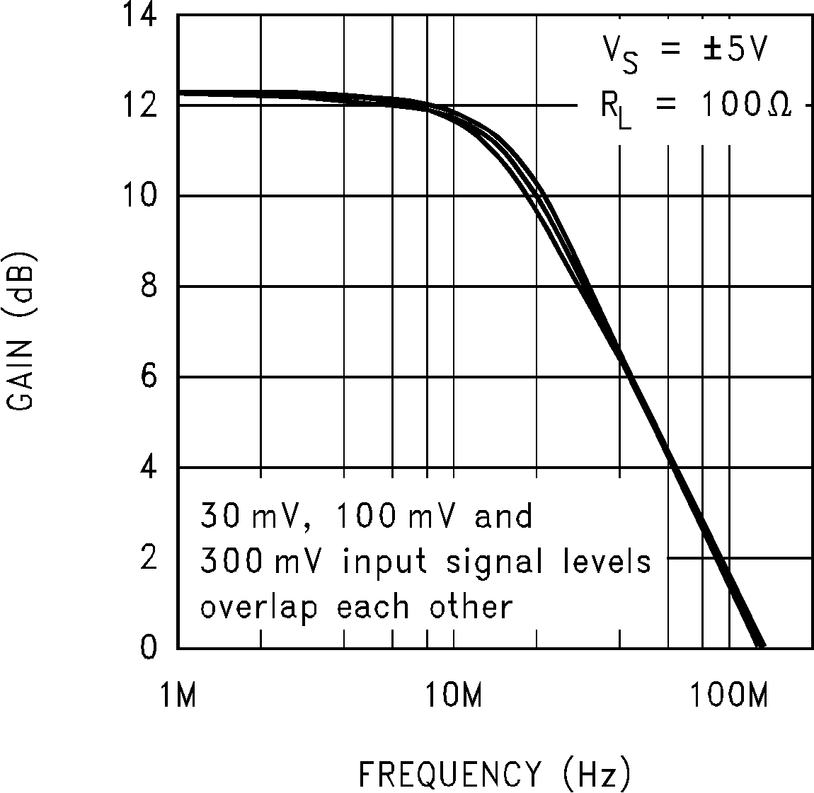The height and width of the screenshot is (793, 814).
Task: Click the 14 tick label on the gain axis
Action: click(139, 16)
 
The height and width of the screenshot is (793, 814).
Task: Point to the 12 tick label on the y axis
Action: click(139, 106)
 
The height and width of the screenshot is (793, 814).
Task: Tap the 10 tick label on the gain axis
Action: click(139, 196)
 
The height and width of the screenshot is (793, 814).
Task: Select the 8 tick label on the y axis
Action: click(147, 286)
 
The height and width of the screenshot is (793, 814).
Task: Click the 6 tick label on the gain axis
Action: click(147, 377)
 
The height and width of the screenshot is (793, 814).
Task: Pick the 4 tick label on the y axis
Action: click(147, 468)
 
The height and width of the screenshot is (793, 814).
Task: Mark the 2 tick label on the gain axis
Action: click(147, 558)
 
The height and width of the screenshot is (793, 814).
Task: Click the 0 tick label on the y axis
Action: click(147, 648)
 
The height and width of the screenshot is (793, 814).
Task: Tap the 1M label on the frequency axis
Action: click(178, 696)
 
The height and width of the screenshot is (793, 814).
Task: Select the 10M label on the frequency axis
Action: click(454, 696)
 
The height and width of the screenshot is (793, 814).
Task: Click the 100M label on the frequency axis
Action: click(728, 696)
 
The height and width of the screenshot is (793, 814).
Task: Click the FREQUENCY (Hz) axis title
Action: click(494, 774)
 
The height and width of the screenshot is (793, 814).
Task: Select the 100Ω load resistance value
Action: click(746, 106)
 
